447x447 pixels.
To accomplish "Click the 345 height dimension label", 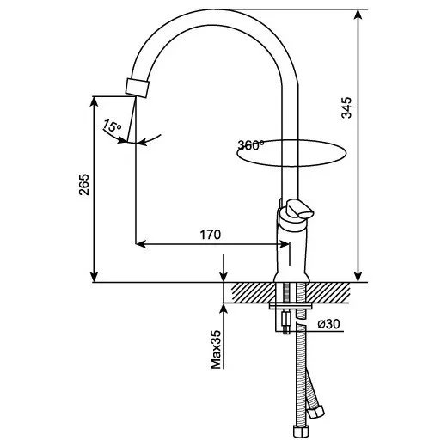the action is pyautogui.click(x=346, y=107).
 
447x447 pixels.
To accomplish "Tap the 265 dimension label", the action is pyautogui.click(x=84, y=185).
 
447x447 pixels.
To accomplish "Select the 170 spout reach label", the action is pyautogui.click(x=211, y=235).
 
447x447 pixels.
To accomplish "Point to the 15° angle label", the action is pyautogui.click(x=112, y=126).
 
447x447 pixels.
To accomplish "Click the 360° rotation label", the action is pyautogui.click(x=251, y=145).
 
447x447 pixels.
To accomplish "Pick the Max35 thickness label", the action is pyautogui.click(x=216, y=349).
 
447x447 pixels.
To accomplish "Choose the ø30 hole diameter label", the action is pyautogui.click(x=328, y=324).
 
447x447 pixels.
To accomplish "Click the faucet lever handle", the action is pyautogui.click(x=300, y=209).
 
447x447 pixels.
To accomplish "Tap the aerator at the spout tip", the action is pyautogui.click(x=138, y=88).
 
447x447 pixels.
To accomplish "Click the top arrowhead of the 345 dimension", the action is pyautogui.click(x=358, y=15).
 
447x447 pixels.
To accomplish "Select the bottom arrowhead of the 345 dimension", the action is pyautogui.click(x=358, y=277).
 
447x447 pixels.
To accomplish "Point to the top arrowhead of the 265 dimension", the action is pyautogui.click(x=94, y=101).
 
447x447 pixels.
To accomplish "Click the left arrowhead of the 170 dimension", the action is pyautogui.click(x=141, y=244).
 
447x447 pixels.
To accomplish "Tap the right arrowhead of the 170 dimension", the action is pyautogui.click(x=284, y=244).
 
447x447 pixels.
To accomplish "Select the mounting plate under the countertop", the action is pyautogui.click(x=291, y=306).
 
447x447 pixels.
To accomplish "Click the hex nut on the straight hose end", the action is pyautogui.click(x=301, y=432).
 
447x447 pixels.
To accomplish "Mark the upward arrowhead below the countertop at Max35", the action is pyautogui.click(x=223, y=309).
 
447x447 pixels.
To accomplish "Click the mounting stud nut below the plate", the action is pyautogui.click(x=286, y=319).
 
